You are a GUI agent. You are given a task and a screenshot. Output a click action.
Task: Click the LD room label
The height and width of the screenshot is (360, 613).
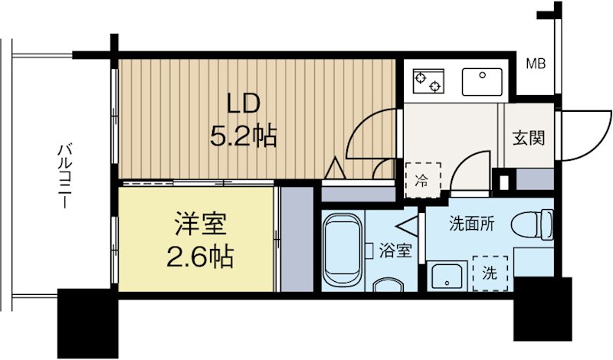click(244, 103)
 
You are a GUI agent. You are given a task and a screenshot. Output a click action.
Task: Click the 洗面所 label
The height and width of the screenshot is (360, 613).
click(470, 224)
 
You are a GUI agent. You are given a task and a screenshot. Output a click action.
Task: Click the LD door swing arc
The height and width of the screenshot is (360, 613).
click(368, 138)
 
